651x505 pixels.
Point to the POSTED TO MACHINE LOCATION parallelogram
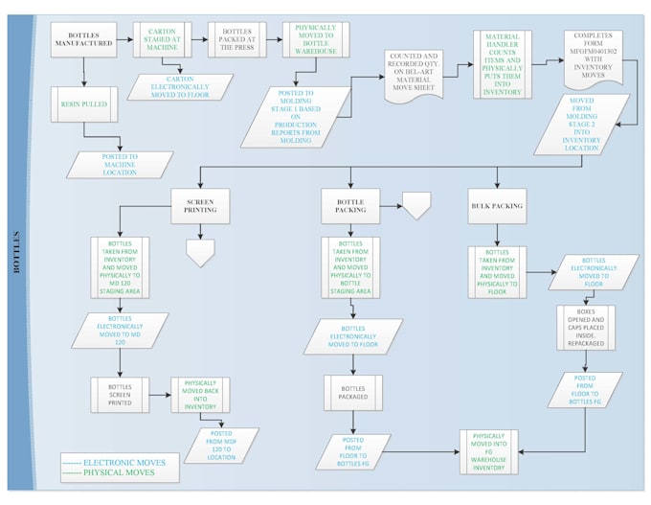point(121,165)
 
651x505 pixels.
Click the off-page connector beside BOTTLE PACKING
point(416,204)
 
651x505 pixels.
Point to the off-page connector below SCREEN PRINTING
point(199,251)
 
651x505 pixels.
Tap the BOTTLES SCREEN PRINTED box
point(119,393)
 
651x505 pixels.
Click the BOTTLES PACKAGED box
point(352,393)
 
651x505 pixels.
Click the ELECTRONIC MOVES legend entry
point(112,463)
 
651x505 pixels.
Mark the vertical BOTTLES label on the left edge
point(17,251)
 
